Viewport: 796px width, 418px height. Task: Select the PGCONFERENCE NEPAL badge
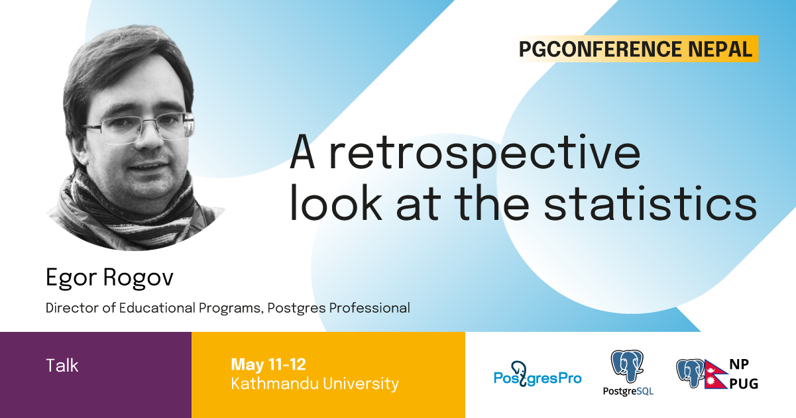(x=636, y=49)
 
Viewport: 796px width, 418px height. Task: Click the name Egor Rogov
(x=109, y=278)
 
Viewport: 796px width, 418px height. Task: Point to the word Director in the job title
(x=66, y=308)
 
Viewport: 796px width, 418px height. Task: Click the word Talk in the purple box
(x=62, y=365)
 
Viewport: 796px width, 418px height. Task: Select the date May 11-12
(x=268, y=364)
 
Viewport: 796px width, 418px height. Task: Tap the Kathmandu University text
(x=315, y=384)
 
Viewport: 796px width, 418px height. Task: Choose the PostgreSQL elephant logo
(x=627, y=368)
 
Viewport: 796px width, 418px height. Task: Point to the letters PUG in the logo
(x=743, y=383)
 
